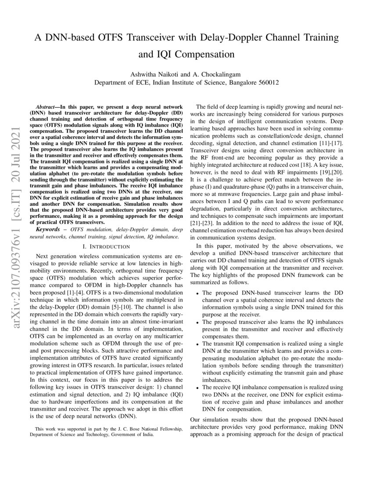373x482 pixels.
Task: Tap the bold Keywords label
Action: pos(48,230)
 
